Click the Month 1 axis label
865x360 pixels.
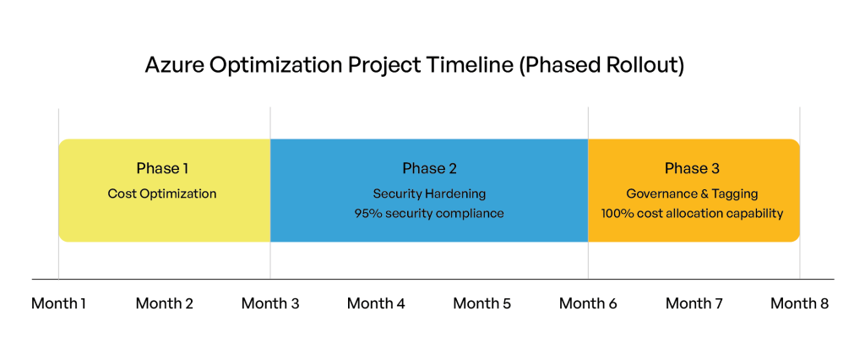(58, 303)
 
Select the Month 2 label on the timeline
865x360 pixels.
(165, 303)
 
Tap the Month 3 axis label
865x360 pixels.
(270, 303)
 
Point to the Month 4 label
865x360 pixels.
(376, 303)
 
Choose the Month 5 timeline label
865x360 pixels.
(482, 303)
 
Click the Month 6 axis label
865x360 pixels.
(588, 303)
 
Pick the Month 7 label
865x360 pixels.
(694, 303)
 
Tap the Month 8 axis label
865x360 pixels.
(799, 303)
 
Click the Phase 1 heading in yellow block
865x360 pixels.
(162, 168)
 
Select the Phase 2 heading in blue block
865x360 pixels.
(429, 168)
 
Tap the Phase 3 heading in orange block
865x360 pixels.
(692, 168)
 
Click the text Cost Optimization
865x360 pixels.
(162, 194)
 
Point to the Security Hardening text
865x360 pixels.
(429, 194)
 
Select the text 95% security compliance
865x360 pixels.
(429, 214)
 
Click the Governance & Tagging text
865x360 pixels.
(692, 194)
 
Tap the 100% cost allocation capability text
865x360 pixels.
(692, 214)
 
